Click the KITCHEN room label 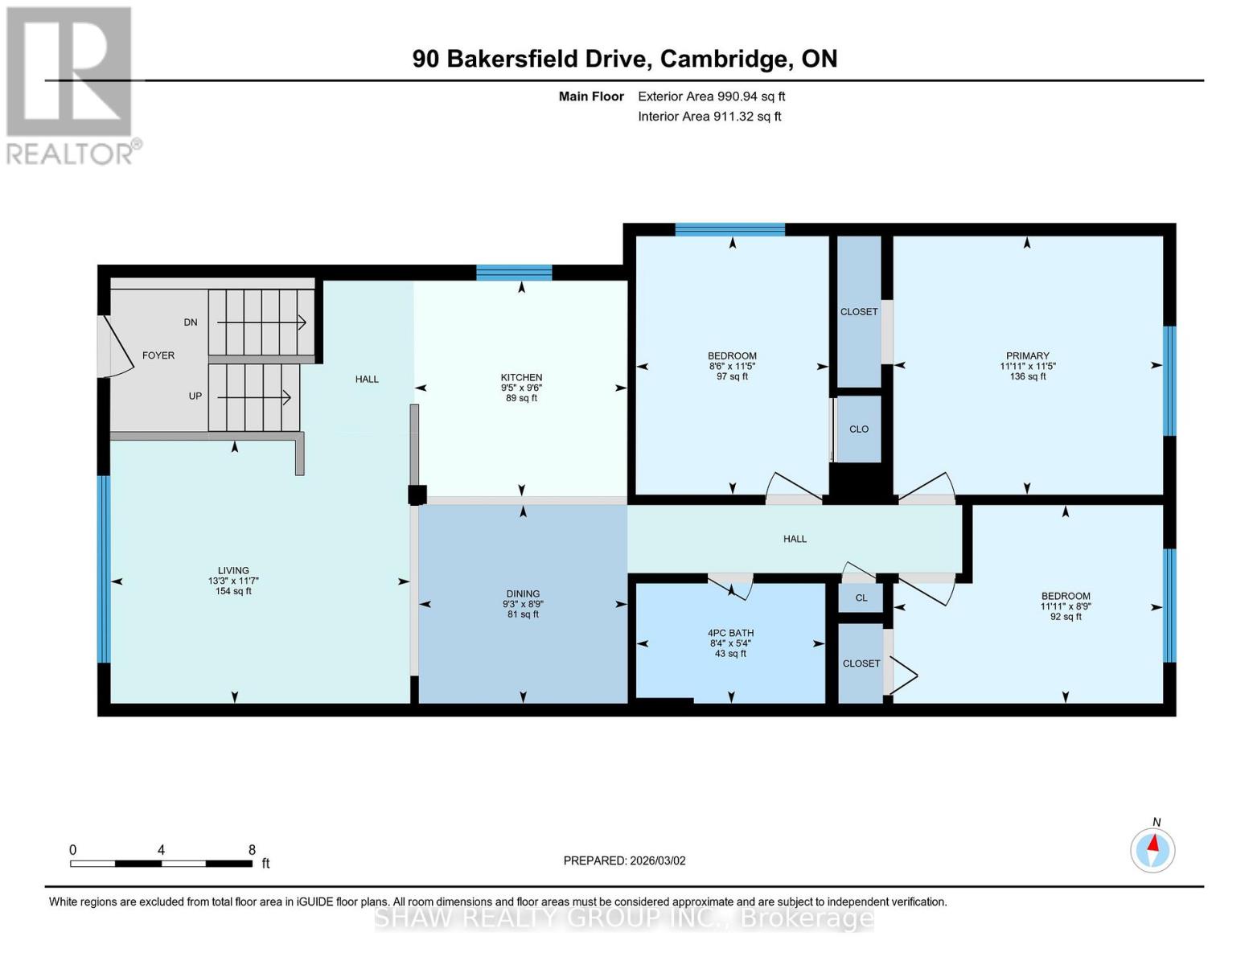click(x=521, y=378)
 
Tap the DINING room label click(x=523, y=594)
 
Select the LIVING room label click(x=233, y=571)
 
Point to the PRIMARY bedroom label click(x=1027, y=356)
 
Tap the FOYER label click(x=158, y=355)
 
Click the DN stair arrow click(x=261, y=322)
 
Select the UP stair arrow click(x=254, y=396)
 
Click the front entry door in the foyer click(x=113, y=346)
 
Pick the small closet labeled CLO click(x=859, y=429)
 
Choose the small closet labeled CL click(x=861, y=597)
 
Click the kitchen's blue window click(x=514, y=273)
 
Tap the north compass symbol click(x=1153, y=849)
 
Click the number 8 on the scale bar click(x=252, y=850)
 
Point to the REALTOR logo click(x=71, y=84)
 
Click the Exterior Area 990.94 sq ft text click(x=711, y=96)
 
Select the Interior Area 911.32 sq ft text click(x=709, y=117)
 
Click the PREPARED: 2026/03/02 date click(x=624, y=860)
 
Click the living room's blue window click(x=104, y=569)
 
